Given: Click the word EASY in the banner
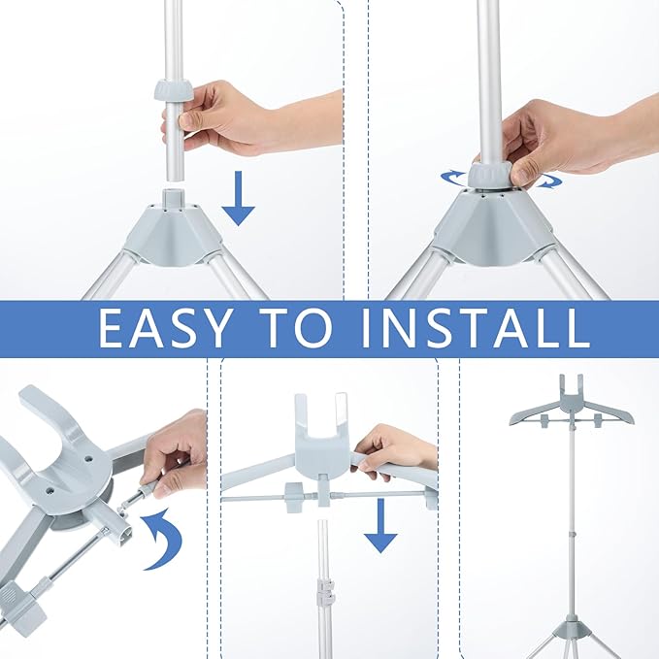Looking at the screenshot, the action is [x=164, y=328].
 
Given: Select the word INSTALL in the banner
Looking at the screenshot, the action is [x=476, y=328].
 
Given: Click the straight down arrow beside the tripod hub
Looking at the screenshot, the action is [x=239, y=198].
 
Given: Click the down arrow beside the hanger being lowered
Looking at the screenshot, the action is [x=380, y=525].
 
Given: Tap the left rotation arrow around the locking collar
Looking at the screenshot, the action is [x=454, y=179].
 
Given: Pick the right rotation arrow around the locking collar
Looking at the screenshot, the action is [x=548, y=180].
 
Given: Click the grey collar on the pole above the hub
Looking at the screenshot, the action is [x=174, y=89].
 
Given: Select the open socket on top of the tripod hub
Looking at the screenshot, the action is [x=174, y=197].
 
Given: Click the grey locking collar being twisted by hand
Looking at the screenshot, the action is [x=489, y=176].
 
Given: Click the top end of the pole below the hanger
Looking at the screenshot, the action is [x=322, y=523].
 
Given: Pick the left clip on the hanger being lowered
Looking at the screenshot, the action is [x=295, y=497].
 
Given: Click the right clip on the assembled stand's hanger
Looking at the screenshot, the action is [x=598, y=420].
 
